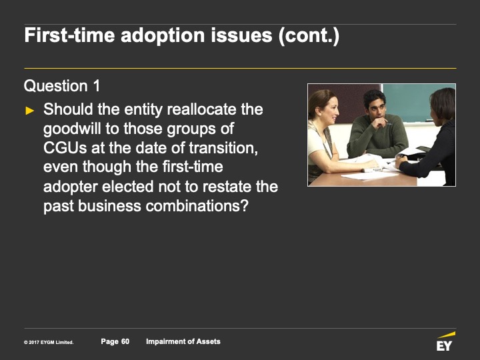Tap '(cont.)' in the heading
coord(309,35)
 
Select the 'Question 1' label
coord(62,86)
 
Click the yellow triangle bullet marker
coord(30,111)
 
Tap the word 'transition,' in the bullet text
coord(223,148)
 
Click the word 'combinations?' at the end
coord(197,206)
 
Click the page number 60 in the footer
coord(125,341)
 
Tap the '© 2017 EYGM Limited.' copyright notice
coord(49,342)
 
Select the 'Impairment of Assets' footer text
coord(183,341)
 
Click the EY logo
coord(445,341)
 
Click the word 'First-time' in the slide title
coord(69,35)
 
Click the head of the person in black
coord(443,106)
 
